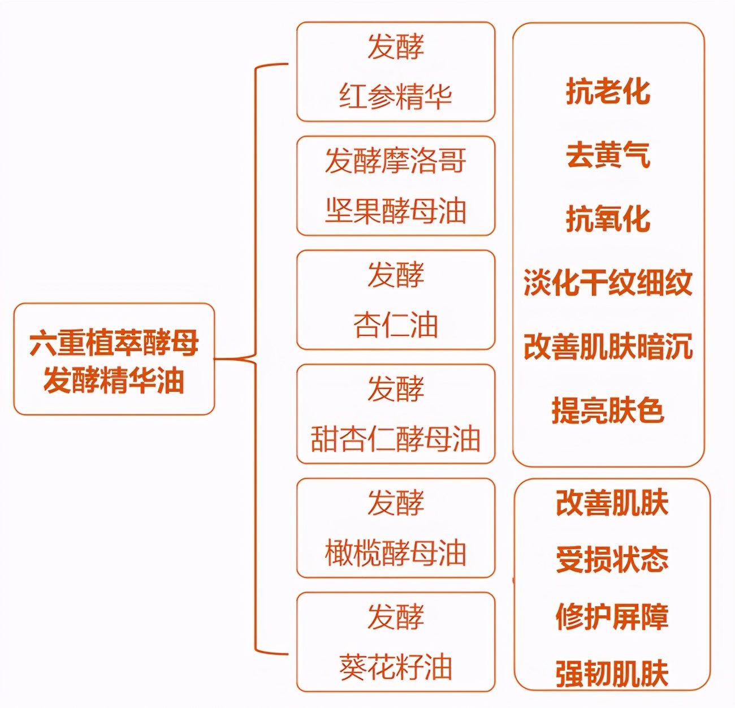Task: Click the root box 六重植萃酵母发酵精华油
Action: click(114, 360)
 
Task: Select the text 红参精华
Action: click(395, 97)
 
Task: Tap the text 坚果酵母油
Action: click(395, 211)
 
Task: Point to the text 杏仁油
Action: click(395, 325)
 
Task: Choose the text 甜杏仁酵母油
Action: click(395, 439)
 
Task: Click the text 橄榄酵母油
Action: click(395, 553)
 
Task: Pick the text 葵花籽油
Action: click(395, 667)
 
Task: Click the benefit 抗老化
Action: click(608, 92)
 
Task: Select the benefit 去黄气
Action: click(608, 155)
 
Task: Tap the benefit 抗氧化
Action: click(608, 219)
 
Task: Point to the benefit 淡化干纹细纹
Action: click(608, 283)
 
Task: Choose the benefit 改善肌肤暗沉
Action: click(608, 347)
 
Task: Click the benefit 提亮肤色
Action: click(608, 411)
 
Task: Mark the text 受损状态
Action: click(612, 560)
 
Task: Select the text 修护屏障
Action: click(612, 617)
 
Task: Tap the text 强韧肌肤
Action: click(612, 674)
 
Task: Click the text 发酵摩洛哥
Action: click(395, 161)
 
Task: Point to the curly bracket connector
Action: click(256, 359)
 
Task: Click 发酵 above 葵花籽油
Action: click(395, 616)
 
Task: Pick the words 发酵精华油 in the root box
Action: click(114, 380)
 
